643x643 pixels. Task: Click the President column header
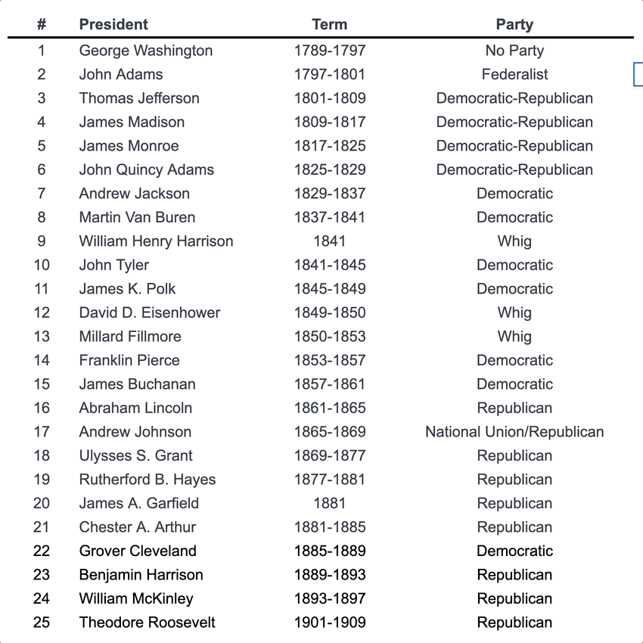tap(113, 24)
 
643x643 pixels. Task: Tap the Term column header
tap(329, 24)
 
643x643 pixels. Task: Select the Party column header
tap(514, 24)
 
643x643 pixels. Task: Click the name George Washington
tap(146, 51)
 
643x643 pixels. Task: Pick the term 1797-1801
tap(329, 74)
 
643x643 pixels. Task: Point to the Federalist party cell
tap(514, 74)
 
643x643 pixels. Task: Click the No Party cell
tap(514, 51)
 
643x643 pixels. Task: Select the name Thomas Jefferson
tap(139, 98)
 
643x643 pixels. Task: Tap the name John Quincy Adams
tap(147, 169)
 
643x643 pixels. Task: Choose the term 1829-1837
tap(329, 194)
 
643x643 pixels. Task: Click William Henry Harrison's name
tap(156, 241)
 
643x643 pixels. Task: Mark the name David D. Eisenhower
tap(150, 312)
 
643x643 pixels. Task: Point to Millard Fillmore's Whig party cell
tap(514, 337)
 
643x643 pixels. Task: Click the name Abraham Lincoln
tap(135, 408)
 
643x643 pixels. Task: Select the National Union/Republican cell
tap(514, 432)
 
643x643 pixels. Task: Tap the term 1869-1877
tap(329, 455)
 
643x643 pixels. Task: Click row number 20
tap(42, 503)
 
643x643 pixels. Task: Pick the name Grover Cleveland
tap(138, 551)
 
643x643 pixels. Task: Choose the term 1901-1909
tap(329, 623)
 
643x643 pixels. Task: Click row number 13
tap(42, 337)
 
